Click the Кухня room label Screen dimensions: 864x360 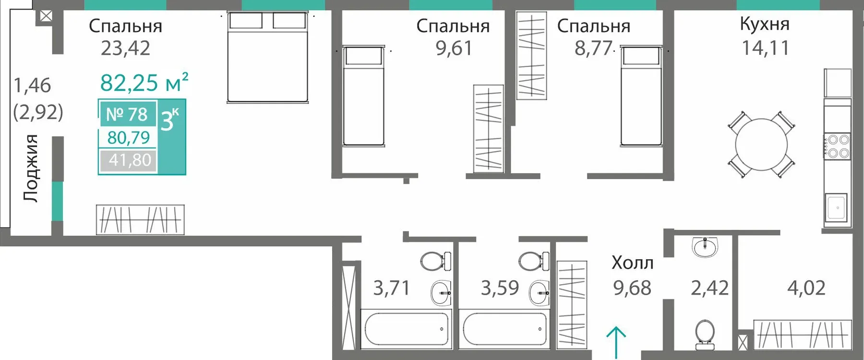click(765, 24)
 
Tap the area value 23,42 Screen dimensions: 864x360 click(125, 48)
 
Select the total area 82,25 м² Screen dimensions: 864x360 click(144, 83)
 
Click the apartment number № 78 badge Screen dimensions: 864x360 click(127, 114)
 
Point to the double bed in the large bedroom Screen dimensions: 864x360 click(267, 57)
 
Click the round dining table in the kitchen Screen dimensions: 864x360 click(761, 144)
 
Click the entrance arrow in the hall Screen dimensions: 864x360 click(616, 342)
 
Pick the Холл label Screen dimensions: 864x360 click(632, 263)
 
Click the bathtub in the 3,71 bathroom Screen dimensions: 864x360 click(406, 329)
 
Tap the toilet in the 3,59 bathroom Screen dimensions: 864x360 click(534, 261)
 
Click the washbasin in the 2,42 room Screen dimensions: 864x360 click(705, 246)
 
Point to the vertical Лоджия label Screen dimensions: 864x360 click(31, 168)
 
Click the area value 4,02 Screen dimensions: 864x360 click(806, 288)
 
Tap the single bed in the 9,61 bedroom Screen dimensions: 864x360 click(364, 96)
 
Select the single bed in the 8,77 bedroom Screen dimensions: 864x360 click(641, 96)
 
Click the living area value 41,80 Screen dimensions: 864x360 click(130, 160)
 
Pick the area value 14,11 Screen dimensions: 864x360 click(765, 48)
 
